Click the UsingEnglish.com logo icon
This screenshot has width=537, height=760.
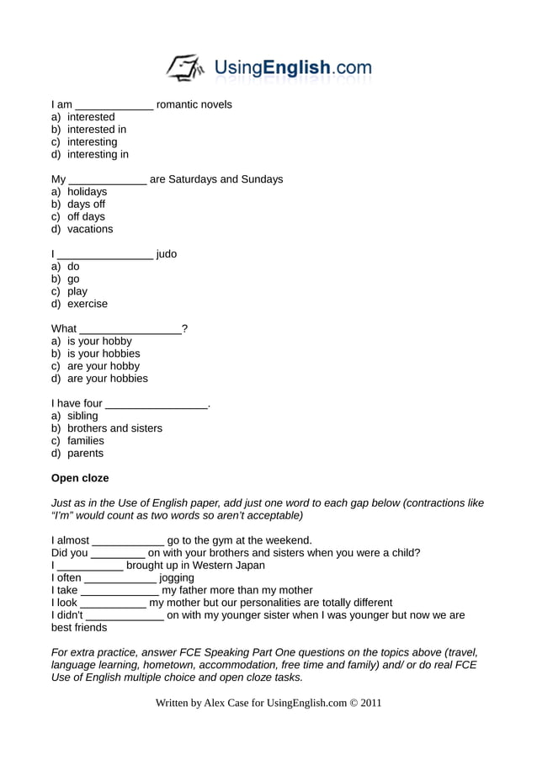pyautogui.click(x=184, y=67)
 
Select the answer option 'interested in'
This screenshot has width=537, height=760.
pyautogui.click(x=97, y=130)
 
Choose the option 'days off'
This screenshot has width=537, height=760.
pyautogui.click(x=86, y=205)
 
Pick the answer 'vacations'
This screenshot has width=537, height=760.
pyautogui.click(x=90, y=229)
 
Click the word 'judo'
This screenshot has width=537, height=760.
pyautogui.click(x=167, y=254)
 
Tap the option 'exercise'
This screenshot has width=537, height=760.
pyautogui.click(x=88, y=304)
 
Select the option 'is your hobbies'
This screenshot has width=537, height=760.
pyautogui.click(x=104, y=353)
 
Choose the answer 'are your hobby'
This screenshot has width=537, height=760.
pyautogui.click(x=104, y=366)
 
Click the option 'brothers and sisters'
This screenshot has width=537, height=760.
pyautogui.click(x=114, y=428)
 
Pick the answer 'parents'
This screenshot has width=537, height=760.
pyautogui.click(x=86, y=454)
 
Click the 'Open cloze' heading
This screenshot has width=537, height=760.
pyautogui.click(x=80, y=478)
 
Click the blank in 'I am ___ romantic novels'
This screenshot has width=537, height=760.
pyautogui.click(x=114, y=106)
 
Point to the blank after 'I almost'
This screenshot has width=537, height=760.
pyautogui.click(x=128, y=542)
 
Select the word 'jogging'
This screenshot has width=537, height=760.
pyautogui.click(x=177, y=578)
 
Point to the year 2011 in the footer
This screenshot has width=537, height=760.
pyautogui.click(x=371, y=703)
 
